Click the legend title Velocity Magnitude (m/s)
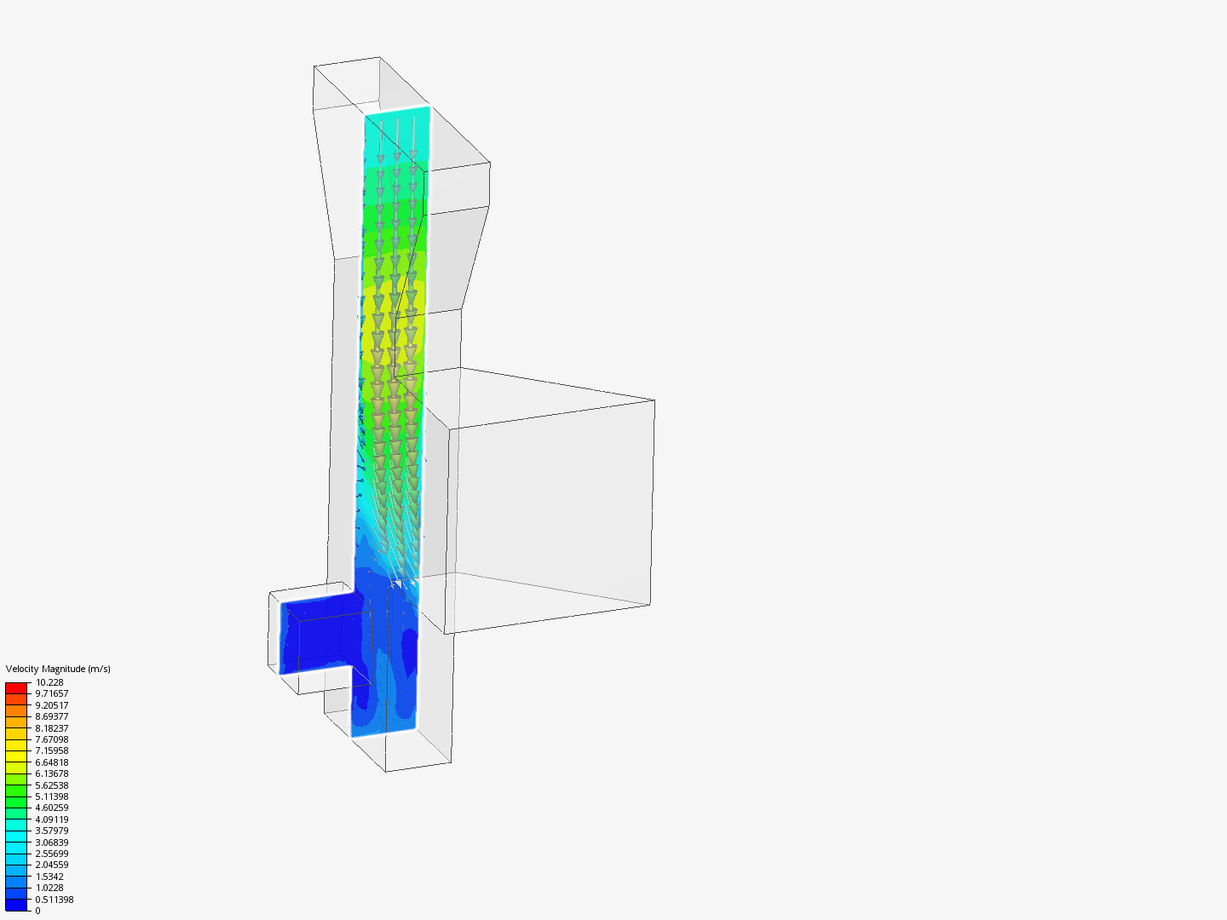[x=58, y=669]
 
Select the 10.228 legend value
[x=49, y=682]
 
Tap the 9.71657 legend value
[x=51, y=693]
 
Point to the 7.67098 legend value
[x=51, y=739]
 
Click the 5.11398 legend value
[x=51, y=796]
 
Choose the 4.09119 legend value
[x=51, y=819]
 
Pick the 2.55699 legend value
[x=51, y=854]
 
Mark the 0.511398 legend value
[x=54, y=900]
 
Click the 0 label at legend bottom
[x=37, y=911]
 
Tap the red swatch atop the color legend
[x=16, y=687]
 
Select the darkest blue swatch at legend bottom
[x=16, y=905]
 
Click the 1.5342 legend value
[x=49, y=877]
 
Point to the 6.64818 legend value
[x=51, y=762]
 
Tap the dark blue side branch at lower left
[x=320, y=635]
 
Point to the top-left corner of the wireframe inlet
[x=314, y=66]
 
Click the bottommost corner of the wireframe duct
[x=386, y=772]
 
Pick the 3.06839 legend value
[x=51, y=842]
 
